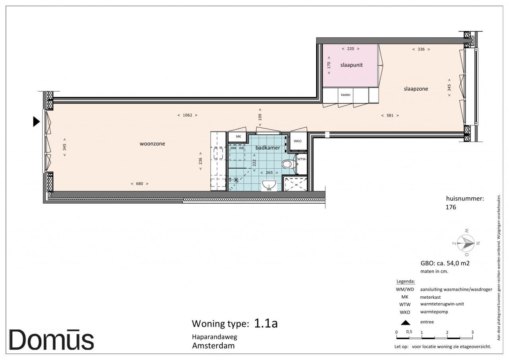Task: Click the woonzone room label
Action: pos(152,144)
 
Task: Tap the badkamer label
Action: pos(268,148)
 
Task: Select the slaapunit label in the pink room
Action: pos(351,65)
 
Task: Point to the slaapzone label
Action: pos(416,89)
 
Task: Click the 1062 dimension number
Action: pos(187,115)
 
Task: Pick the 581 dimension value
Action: pos(390,115)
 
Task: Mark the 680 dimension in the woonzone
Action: pos(140,184)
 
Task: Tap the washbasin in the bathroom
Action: pos(269,185)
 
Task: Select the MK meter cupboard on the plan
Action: pos(237,136)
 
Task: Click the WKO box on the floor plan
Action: pos(298,141)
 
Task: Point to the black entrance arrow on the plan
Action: pos(36,122)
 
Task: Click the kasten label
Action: pos(346,95)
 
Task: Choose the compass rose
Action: pos(466,243)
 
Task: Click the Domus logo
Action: pos(51,340)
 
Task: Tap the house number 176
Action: pos(451,207)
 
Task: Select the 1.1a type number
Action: pos(266,323)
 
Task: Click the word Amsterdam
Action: pos(214,346)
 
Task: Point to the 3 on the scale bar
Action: pos(472,332)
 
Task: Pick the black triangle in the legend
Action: pos(405,323)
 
